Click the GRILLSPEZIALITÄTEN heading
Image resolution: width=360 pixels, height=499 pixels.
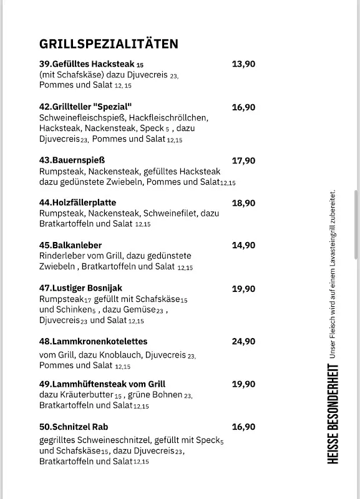pyautogui.click(x=109, y=44)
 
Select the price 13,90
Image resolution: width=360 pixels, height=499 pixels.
pyautogui.click(x=243, y=64)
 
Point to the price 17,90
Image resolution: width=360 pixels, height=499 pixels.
pyautogui.click(x=243, y=160)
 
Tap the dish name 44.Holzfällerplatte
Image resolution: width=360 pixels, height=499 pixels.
pyautogui.click(x=77, y=203)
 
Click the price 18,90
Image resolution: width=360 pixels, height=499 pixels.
pyautogui.click(x=243, y=203)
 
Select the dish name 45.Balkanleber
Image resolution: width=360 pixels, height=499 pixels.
pyautogui.click(x=71, y=245)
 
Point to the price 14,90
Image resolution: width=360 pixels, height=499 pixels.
pyautogui.click(x=243, y=245)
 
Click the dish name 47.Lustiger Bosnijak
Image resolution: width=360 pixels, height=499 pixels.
pyautogui.click(x=80, y=288)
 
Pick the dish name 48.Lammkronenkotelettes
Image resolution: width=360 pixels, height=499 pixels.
pyautogui.click(x=93, y=341)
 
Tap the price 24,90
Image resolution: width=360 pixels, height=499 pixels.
pyautogui.click(x=243, y=341)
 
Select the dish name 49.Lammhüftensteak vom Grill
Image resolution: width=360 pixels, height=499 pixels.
pyautogui.click(x=102, y=384)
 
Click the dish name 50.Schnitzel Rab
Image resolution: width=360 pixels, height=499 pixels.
pyautogui.click(x=74, y=427)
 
